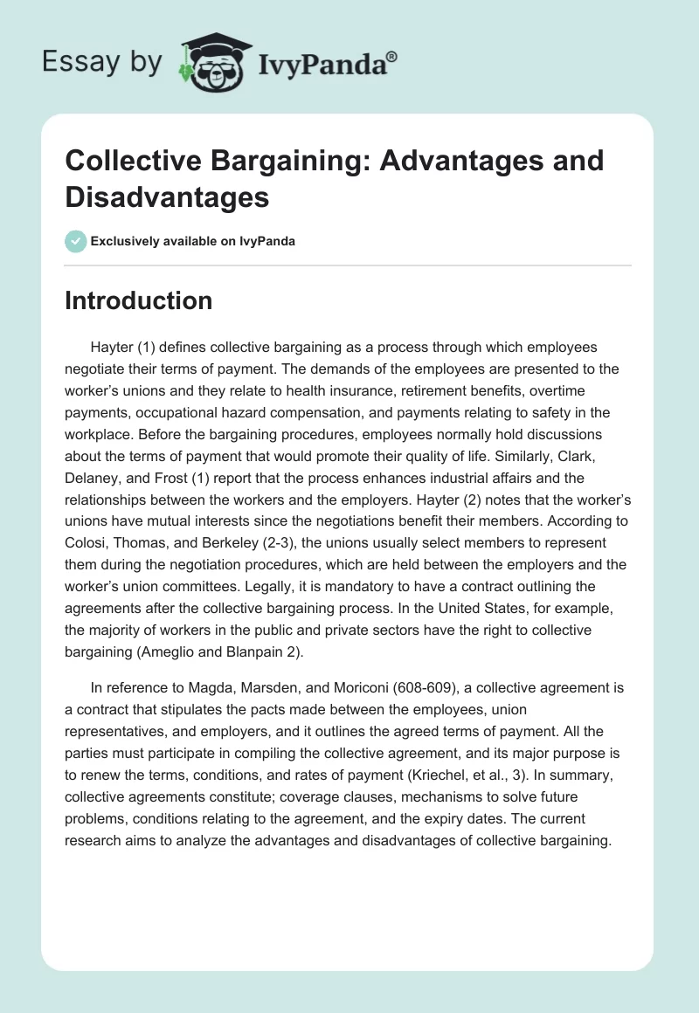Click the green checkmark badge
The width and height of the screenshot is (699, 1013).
76,241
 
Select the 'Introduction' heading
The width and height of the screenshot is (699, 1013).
139,300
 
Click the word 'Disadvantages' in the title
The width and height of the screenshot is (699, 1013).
167,196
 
